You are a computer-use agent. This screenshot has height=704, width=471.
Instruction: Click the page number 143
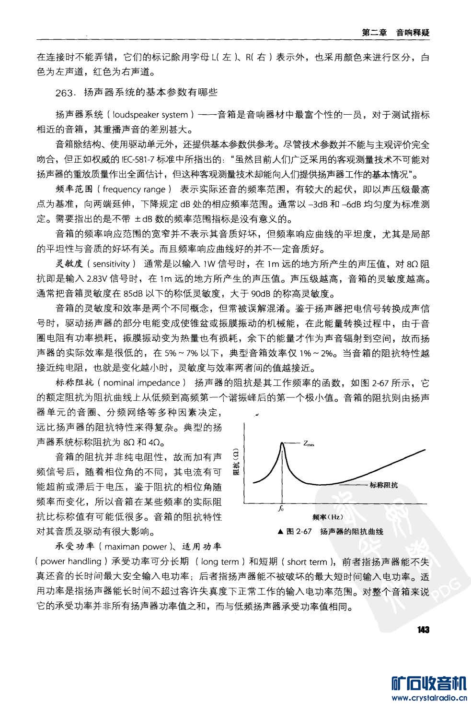[423, 630]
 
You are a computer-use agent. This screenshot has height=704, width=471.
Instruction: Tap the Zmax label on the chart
[309, 443]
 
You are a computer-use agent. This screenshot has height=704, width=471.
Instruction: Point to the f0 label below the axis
[281, 509]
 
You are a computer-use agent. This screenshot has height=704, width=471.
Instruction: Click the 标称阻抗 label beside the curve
[383, 485]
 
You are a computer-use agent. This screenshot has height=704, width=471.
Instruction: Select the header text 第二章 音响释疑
[395, 33]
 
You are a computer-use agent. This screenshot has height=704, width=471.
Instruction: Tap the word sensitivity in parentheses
[111, 264]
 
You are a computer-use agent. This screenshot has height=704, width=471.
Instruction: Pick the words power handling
[71, 561]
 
